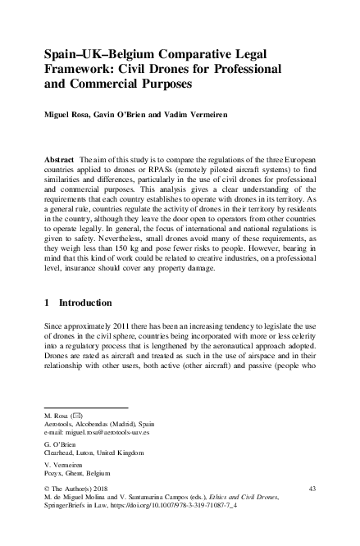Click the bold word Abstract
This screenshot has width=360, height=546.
tap(60, 157)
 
